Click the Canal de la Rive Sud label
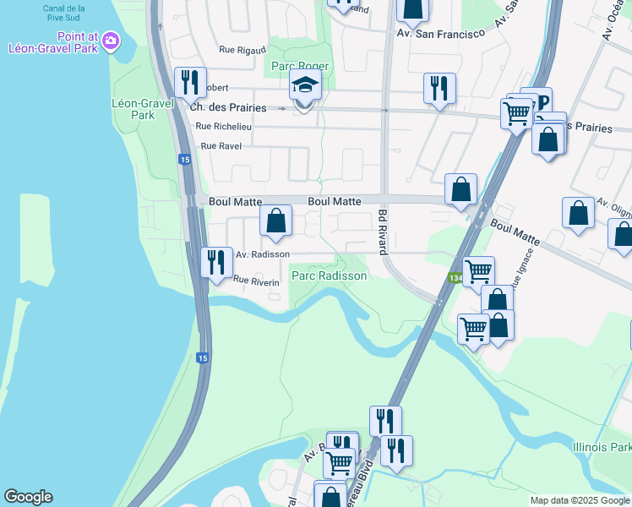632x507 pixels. click(68, 14)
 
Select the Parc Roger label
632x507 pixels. click(295, 66)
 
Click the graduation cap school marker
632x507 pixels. click(305, 85)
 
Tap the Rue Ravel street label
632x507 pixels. click(219, 146)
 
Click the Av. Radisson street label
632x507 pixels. click(263, 254)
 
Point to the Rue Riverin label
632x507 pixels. click(256, 281)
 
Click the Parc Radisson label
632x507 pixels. click(329, 276)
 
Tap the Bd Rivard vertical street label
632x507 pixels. click(382, 232)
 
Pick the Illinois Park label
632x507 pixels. click(602, 447)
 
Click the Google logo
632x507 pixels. click(28, 497)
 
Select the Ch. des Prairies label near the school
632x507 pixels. click(228, 108)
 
